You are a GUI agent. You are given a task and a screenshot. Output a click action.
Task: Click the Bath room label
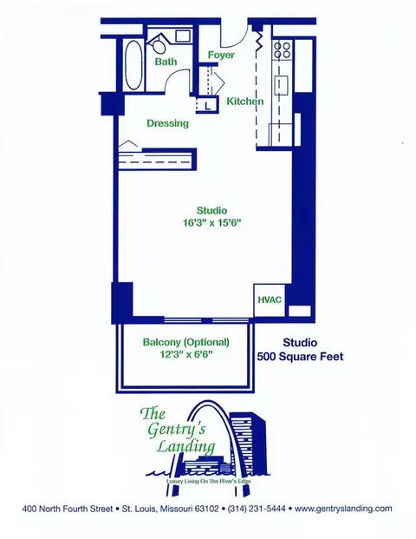click(x=166, y=62)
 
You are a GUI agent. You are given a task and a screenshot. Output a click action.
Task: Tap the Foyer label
click(x=221, y=55)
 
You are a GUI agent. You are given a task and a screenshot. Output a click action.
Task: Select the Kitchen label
click(x=245, y=102)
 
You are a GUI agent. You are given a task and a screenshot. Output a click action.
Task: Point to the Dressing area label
click(x=168, y=123)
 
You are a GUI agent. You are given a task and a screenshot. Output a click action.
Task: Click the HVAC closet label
click(x=270, y=299)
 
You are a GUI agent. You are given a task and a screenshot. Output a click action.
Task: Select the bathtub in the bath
click(x=133, y=65)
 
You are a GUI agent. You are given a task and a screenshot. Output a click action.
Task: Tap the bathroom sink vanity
click(x=183, y=36)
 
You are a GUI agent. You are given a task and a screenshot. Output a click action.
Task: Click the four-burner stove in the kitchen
click(x=283, y=50)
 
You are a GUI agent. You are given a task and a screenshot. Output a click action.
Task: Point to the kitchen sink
click(x=281, y=86)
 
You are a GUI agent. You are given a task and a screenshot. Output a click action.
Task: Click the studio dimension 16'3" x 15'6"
click(x=211, y=223)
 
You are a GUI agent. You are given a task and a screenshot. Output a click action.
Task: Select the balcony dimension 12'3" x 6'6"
click(x=186, y=354)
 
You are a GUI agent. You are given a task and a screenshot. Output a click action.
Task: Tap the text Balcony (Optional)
click(x=186, y=342)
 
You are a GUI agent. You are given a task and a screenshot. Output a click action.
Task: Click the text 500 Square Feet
click(x=301, y=357)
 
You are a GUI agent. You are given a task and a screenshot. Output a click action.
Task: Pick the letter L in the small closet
click(x=208, y=106)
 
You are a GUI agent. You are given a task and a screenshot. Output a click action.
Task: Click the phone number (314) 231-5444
click(x=257, y=509)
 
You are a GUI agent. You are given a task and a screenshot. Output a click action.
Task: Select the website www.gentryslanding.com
click(x=343, y=509)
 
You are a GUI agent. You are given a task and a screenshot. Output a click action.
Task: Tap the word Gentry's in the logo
click(x=177, y=429)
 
